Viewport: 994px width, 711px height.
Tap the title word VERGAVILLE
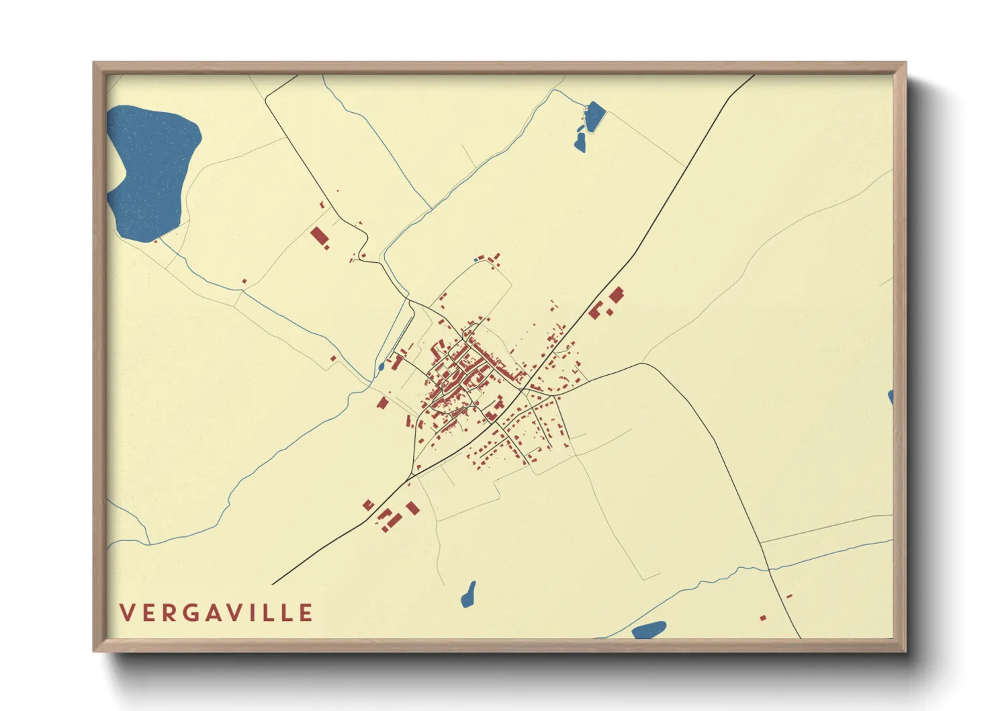click(x=216, y=613)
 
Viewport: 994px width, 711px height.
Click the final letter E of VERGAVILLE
click(x=306, y=613)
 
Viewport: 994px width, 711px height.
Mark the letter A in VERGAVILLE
click(x=216, y=613)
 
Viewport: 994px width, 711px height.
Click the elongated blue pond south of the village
click(x=469, y=595)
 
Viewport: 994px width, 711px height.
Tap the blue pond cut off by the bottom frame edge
click(x=649, y=630)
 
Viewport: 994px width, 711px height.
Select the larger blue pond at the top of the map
click(x=594, y=116)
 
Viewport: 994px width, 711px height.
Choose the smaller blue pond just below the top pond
click(x=580, y=142)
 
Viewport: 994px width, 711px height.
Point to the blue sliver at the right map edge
click(x=891, y=397)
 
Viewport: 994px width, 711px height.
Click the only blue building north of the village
click(x=477, y=259)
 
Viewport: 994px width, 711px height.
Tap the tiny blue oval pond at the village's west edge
click(x=381, y=366)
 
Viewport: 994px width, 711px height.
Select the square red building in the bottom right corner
click(x=762, y=618)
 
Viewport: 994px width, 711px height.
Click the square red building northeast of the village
click(x=616, y=294)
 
